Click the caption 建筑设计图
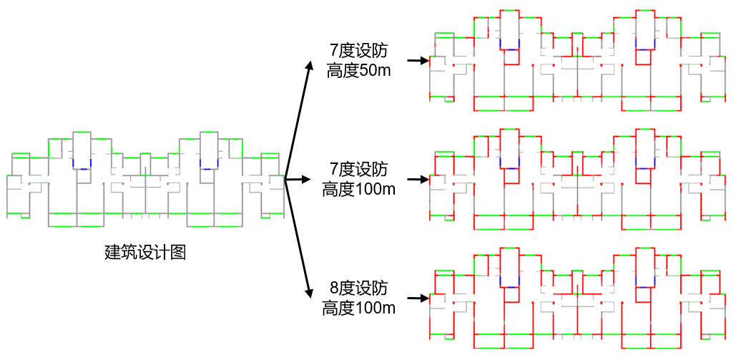point(145,253)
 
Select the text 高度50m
point(358,70)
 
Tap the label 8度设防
point(358,289)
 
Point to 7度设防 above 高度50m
point(358,51)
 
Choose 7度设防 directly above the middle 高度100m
point(358,170)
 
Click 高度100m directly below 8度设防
point(358,308)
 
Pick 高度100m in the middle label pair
point(358,189)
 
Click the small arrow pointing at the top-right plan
point(418,61)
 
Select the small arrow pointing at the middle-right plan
point(418,180)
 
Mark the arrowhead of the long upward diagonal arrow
point(310,64)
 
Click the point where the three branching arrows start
point(285,179)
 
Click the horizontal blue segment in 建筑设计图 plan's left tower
point(82,169)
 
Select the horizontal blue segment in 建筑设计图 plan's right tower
point(209,169)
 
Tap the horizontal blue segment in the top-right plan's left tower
point(509,49)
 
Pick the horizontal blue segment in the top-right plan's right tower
point(644,49)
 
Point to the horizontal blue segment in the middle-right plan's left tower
point(509,167)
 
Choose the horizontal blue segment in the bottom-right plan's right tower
point(644,286)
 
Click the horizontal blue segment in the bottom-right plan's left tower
point(509,286)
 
